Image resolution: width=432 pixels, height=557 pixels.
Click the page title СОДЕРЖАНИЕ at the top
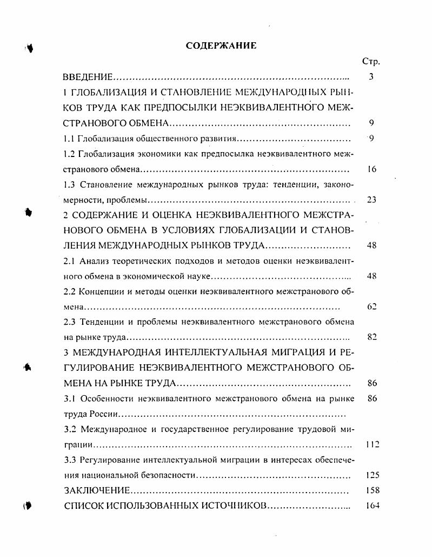(221, 46)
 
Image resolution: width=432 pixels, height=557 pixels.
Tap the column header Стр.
(371, 62)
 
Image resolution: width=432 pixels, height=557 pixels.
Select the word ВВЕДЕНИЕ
(88, 77)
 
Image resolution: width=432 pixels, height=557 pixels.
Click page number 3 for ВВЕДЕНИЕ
(371, 77)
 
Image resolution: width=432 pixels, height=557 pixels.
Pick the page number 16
(371, 169)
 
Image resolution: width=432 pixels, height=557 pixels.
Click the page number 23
(371, 199)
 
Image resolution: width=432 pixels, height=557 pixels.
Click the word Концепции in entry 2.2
(101, 291)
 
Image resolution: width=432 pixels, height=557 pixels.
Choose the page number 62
(371, 306)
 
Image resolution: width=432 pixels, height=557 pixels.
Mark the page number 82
(371, 337)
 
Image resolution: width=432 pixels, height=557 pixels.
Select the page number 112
(372, 444)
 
